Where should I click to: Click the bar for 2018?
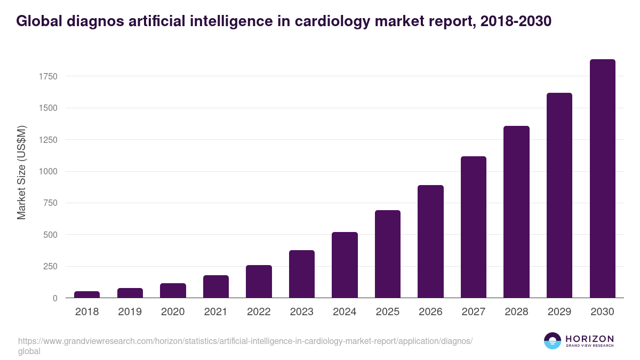(87, 294)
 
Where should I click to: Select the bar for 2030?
(602, 179)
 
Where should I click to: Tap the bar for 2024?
(345, 265)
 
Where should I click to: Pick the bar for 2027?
(474, 227)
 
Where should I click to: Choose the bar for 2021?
(216, 286)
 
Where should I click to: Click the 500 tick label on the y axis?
(50, 235)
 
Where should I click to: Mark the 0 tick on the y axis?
(55, 298)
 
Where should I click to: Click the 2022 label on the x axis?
(259, 312)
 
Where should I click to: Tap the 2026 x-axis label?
(430, 312)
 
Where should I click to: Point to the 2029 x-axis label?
(559, 312)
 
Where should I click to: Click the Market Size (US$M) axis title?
(21, 172)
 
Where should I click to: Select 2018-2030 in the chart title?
(516, 21)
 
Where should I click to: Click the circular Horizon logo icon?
(553, 341)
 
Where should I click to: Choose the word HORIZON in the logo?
(589, 339)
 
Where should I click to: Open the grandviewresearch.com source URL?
(245, 341)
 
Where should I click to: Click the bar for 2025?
(388, 254)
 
